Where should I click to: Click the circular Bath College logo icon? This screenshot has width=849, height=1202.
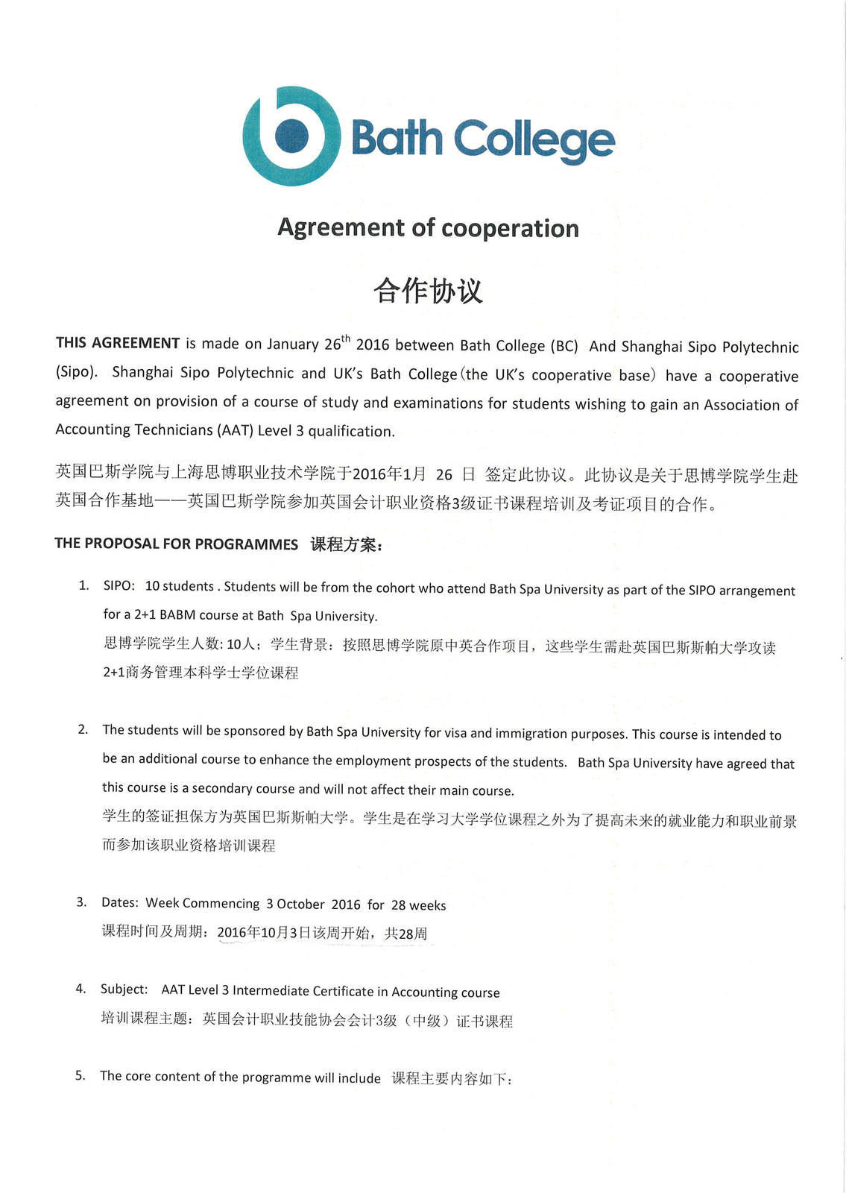point(291,136)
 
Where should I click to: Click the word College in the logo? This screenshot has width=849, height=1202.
point(534,139)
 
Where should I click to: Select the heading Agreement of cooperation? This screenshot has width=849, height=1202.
point(428,228)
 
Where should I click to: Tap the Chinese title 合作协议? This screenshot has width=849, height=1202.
point(428,291)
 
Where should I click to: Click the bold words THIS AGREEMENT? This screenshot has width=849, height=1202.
point(118,343)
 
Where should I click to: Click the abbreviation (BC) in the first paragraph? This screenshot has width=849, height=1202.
point(564,346)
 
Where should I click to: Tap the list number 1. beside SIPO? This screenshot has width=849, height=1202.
point(84,585)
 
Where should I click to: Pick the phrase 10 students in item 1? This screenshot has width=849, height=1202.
point(180,586)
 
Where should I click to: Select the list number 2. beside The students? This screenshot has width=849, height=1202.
point(83,729)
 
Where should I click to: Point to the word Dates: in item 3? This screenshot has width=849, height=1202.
point(120,903)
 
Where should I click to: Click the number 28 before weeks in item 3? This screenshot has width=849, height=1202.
point(399,906)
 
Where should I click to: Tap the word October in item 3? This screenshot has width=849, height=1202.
point(300,904)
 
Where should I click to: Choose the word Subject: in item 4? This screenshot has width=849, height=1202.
point(124,989)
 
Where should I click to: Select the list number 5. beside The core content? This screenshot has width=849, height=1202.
point(81,1075)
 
